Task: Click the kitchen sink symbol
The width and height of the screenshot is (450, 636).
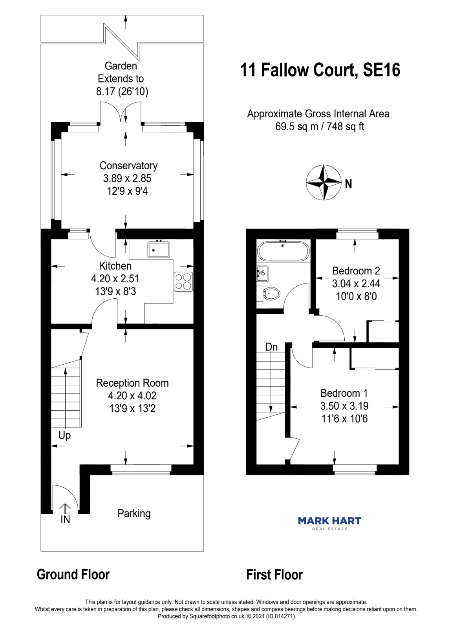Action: [x=159, y=249]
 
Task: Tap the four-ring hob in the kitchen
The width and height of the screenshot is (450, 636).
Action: [x=183, y=281]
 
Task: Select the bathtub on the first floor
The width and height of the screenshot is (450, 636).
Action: [x=283, y=251]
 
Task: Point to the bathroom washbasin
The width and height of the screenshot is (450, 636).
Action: [x=262, y=273]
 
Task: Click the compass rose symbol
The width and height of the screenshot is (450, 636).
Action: [x=324, y=183]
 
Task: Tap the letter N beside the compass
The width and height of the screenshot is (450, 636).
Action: [x=348, y=184]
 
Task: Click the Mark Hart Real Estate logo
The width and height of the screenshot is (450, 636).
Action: [x=329, y=523]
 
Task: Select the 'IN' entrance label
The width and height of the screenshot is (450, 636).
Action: [x=65, y=520]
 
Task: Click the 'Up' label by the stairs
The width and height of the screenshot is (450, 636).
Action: [x=64, y=435]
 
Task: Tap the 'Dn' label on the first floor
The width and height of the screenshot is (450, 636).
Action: [x=271, y=347]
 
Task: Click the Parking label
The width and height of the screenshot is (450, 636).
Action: [x=134, y=514]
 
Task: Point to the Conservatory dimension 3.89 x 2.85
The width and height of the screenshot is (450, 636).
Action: [x=127, y=179]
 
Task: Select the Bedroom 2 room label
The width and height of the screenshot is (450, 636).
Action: [x=356, y=271]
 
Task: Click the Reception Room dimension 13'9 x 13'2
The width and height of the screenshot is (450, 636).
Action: [x=132, y=409]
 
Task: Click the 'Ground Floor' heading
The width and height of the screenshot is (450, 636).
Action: [x=73, y=574]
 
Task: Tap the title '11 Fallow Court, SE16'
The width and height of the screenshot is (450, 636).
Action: [x=320, y=70]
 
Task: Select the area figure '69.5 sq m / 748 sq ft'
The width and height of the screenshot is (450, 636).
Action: [x=320, y=127]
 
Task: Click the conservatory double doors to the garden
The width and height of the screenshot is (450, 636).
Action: [x=121, y=113]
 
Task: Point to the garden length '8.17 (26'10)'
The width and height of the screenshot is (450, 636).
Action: [x=122, y=91]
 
